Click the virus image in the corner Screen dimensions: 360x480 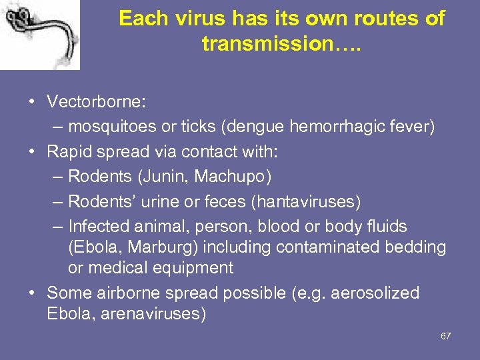coord(40,35)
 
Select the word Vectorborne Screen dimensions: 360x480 coord(95,102)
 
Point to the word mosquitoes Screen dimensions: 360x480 coord(111,127)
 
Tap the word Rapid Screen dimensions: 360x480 coord(70,151)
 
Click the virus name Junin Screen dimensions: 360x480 coord(163,177)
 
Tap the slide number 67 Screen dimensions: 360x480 coord(445,336)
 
